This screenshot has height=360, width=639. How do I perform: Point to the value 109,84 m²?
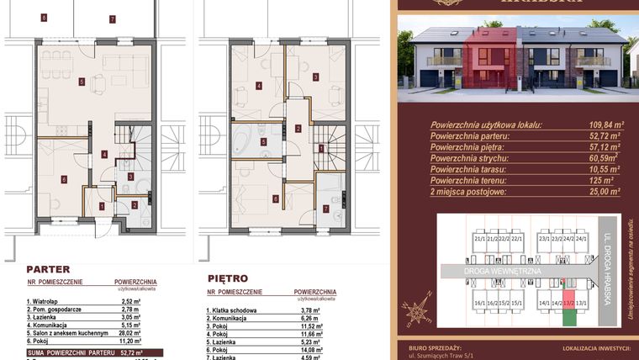[603, 124]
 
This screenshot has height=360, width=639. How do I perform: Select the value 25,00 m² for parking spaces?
[603, 191]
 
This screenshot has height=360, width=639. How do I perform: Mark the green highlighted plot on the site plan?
[569, 315]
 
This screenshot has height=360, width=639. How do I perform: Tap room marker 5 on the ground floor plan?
[82, 82]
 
